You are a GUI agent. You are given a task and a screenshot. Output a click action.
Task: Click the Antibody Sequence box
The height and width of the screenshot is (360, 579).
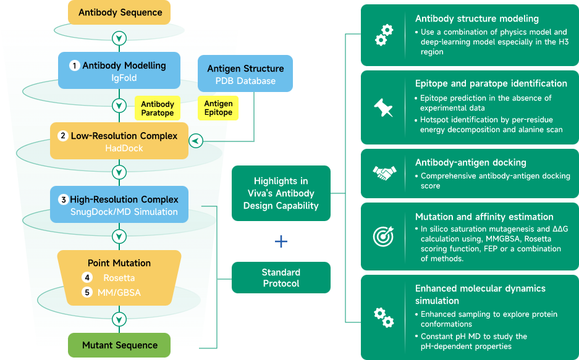click(119, 12)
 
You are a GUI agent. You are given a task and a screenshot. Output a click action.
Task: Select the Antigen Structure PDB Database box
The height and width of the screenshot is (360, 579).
click(245, 74)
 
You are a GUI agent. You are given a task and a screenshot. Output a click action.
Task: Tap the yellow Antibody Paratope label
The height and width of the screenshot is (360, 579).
click(157, 109)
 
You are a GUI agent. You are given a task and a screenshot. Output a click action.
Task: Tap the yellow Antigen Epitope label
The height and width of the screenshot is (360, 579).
click(218, 108)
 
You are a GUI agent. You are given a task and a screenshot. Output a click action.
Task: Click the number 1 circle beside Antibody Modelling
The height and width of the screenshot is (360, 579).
click(75, 65)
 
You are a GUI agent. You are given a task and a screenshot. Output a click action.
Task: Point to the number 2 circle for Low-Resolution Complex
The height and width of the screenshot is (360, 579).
click(63, 136)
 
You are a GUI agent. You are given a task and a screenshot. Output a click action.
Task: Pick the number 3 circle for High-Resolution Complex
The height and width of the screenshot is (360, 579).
click(64, 199)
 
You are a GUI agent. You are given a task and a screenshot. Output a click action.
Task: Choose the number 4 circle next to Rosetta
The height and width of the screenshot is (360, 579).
click(87, 278)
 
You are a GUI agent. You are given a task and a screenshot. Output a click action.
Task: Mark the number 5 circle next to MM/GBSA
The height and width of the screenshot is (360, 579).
click(87, 292)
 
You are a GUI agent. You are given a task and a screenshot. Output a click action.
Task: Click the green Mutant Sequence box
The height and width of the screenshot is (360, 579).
click(119, 345)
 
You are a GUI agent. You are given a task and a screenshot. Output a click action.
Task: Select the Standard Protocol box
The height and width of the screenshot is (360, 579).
click(281, 278)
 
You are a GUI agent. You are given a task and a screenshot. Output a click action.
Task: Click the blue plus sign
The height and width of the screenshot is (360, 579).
click(281, 241)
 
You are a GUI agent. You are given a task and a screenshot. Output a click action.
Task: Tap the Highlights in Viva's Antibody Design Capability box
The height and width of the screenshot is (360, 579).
click(281, 193)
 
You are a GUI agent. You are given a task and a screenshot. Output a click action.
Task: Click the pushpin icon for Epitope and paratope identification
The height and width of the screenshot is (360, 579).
click(383, 107)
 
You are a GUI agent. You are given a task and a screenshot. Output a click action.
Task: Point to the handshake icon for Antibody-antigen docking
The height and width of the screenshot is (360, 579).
click(383, 173)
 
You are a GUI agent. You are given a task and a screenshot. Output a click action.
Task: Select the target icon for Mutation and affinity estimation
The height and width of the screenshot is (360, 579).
click(383, 236)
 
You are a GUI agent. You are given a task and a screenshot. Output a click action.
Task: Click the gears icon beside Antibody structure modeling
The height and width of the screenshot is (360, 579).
click(383, 35)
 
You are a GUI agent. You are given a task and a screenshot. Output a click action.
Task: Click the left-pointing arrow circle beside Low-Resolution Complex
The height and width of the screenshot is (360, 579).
click(196, 141)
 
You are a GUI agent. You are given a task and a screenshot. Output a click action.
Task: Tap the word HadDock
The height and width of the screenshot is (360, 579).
click(119, 148)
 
